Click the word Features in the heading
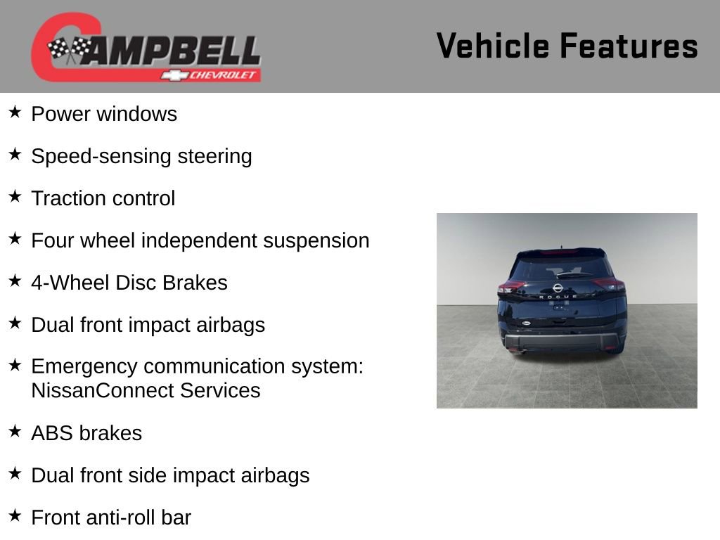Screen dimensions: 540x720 point(629,46)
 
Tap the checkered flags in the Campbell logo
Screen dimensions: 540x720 point(69,49)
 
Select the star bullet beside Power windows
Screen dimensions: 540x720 point(15,112)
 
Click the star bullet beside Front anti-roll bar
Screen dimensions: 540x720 point(15,516)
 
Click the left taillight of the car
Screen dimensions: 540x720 point(510,287)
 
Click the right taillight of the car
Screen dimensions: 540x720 point(608,284)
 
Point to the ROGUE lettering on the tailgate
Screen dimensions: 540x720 point(558,297)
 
